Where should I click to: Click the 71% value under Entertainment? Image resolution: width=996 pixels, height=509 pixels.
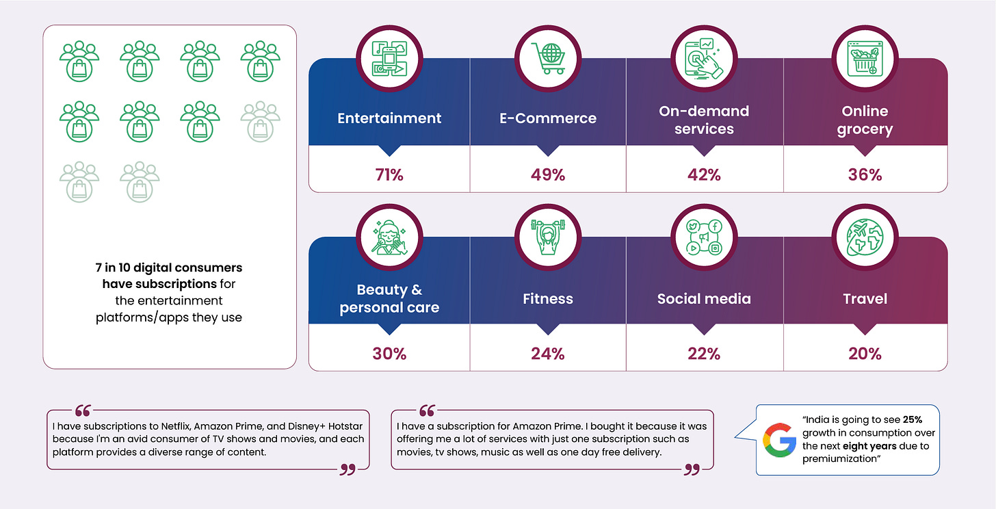click(389, 174)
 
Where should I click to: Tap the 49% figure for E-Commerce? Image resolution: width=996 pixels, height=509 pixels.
click(548, 174)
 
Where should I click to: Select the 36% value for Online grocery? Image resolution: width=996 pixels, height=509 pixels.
click(865, 174)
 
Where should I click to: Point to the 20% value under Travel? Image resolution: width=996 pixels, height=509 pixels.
click(865, 353)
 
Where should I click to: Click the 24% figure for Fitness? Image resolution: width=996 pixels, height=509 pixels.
click(548, 353)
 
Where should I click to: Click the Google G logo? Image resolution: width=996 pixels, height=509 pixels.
click(780, 440)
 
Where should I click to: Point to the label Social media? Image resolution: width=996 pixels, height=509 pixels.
click(704, 298)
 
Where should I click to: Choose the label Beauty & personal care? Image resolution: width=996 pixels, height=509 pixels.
click(389, 299)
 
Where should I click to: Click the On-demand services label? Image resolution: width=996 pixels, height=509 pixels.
click(704, 120)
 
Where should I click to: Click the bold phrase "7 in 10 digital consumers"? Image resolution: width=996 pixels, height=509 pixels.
click(169, 267)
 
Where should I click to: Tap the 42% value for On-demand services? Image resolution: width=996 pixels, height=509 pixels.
click(704, 174)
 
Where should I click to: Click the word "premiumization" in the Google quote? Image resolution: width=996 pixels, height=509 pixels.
click(837, 460)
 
